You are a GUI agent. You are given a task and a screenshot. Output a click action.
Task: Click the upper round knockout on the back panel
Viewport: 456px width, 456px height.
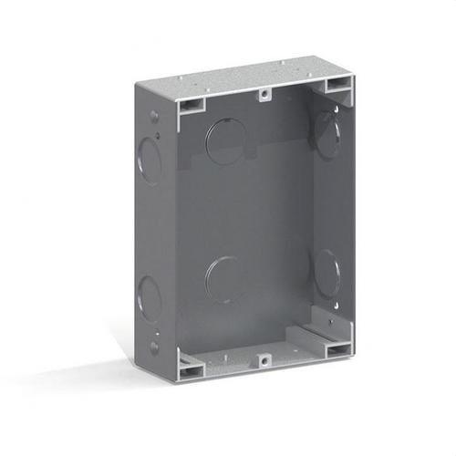[225, 141]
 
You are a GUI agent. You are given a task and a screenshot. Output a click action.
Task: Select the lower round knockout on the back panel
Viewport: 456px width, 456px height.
[223, 278]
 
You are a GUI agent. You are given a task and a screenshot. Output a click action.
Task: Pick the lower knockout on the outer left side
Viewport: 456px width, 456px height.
[149, 297]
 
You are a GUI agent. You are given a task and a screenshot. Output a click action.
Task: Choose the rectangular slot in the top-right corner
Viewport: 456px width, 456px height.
[337, 86]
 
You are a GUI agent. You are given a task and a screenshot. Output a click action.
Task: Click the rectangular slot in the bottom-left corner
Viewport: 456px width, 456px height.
[191, 369]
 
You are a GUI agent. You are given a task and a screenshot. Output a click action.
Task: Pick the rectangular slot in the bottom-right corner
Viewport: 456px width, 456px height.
[337, 349]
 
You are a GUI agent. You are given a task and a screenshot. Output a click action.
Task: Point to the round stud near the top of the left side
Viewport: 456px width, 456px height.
[154, 116]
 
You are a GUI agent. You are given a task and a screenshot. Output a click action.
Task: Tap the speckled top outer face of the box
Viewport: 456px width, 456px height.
[246, 78]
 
